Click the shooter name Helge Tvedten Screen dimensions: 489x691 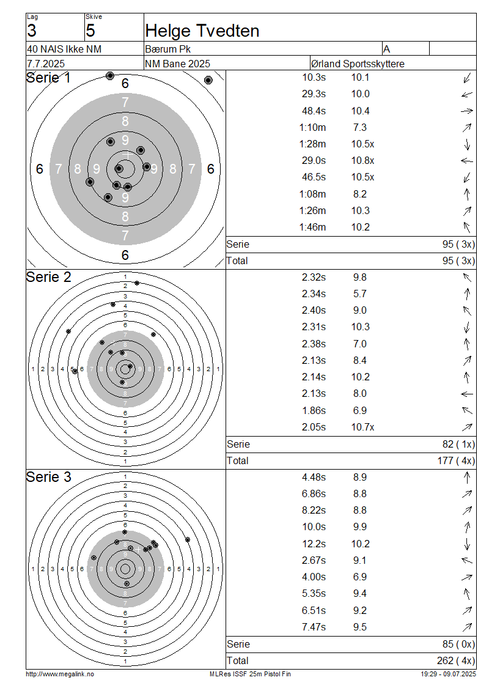click(202, 31)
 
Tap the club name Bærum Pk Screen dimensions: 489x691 click(168, 49)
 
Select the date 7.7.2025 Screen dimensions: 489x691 click(46, 64)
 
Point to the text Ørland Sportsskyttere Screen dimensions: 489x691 click(358, 64)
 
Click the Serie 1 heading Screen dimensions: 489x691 click(48, 78)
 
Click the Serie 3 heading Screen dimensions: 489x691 click(48, 477)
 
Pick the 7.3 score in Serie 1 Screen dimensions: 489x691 click(360, 127)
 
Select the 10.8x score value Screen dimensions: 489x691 click(362, 160)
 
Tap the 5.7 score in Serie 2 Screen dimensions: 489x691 click(360, 294)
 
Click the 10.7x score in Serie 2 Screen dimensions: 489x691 click(362, 427)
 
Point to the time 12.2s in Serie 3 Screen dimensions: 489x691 click(314, 544)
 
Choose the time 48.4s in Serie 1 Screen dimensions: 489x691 click(314, 111)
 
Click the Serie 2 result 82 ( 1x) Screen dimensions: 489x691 click(458, 444)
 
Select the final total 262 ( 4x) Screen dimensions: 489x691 click(456, 660)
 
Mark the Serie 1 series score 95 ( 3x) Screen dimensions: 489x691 click(458, 244)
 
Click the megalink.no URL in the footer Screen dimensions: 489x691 click(60, 674)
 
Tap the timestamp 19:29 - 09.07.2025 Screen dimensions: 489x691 click(448, 674)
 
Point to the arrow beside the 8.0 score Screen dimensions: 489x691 click(467, 394)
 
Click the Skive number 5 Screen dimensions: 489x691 click(90, 31)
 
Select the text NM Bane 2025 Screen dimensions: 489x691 click(177, 64)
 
